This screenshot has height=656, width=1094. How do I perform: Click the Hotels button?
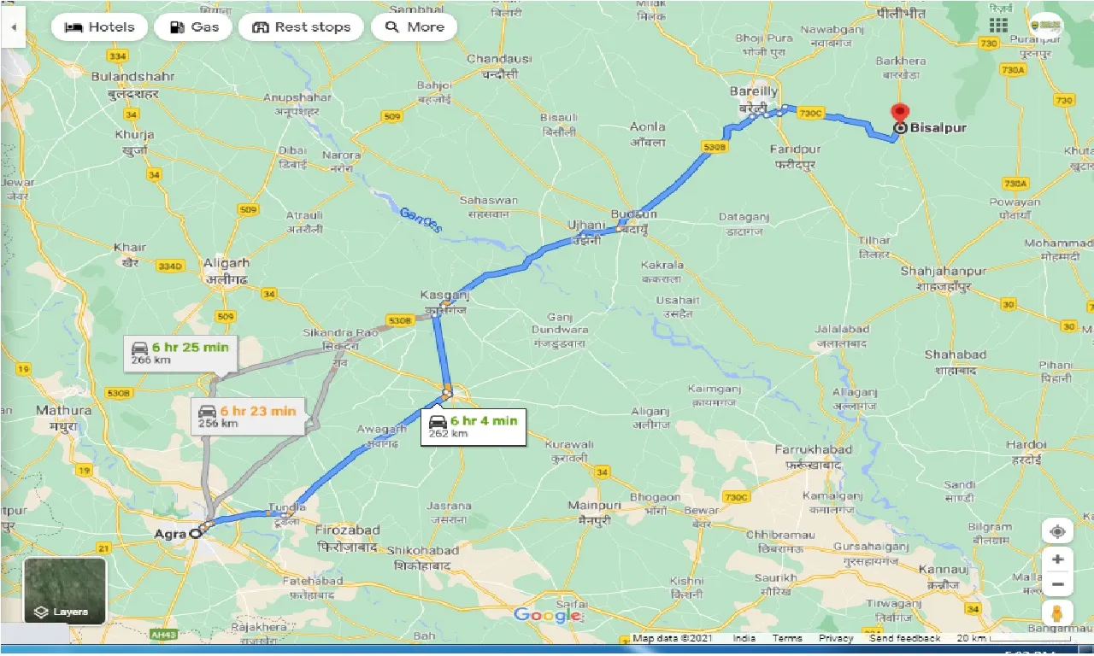click(x=100, y=27)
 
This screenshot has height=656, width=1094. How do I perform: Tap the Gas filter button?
click(x=193, y=27)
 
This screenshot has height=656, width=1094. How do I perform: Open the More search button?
click(x=415, y=27)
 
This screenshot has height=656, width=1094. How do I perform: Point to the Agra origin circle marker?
click(x=196, y=533)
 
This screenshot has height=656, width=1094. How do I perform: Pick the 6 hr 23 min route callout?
click(x=246, y=417)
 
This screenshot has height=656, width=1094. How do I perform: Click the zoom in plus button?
click(x=1057, y=559)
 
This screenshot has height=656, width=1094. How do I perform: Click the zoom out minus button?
click(x=1057, y=585)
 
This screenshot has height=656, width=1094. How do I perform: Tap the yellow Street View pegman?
click(x=1057, y=613)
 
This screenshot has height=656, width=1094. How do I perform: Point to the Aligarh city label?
click(x=226, y=264)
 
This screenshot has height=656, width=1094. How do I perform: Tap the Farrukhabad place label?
click(x=813, y=449)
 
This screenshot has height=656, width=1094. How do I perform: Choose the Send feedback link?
click(x=904, y=638)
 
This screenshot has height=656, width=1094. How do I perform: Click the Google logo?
click(x=547, y=615)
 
